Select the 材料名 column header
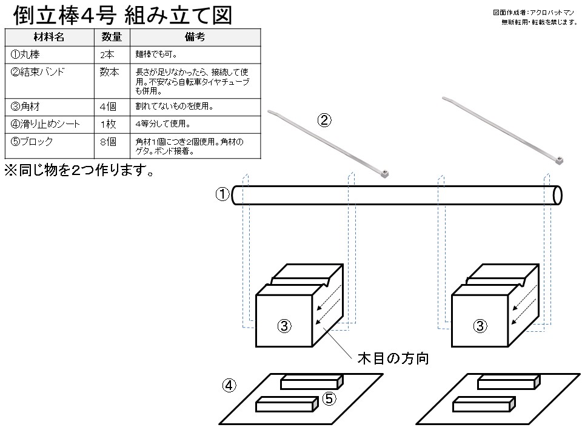click(50, 37)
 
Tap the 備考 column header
click(195, 37)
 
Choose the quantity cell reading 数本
click(109, 72)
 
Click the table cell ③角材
click(25, 107)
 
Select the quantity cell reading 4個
click(107, 107)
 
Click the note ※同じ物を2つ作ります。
click(78, 171)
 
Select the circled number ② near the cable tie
click(325, 120)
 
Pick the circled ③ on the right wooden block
click(480, 326)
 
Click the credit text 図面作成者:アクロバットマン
click(534, 12)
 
